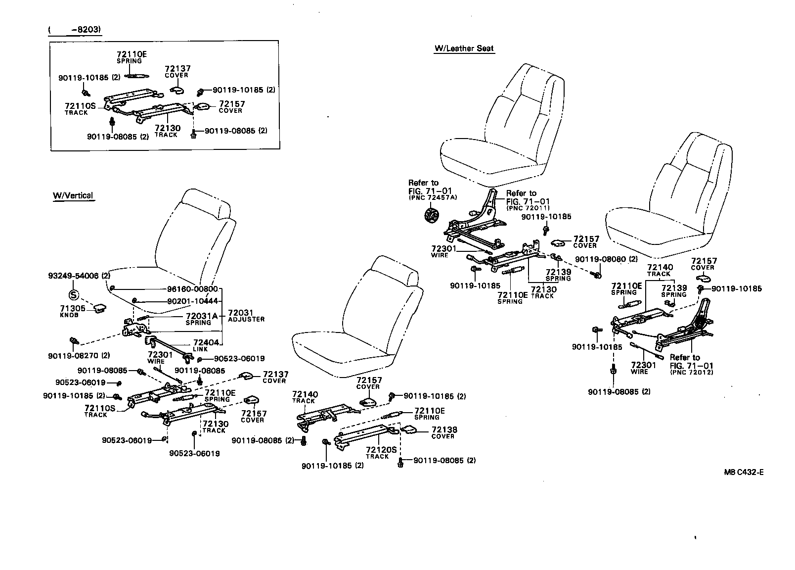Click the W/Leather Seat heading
pos(464,48)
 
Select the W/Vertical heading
pos(73,195)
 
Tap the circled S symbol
pos(73,296)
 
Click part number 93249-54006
pos(74,276)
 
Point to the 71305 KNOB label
pos(72,311)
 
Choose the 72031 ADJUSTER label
pos(246,316)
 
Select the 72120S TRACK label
pos(381,452)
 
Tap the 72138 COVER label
pos(444,432)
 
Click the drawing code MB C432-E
pos(744,472)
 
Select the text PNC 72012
pos(692,372)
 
